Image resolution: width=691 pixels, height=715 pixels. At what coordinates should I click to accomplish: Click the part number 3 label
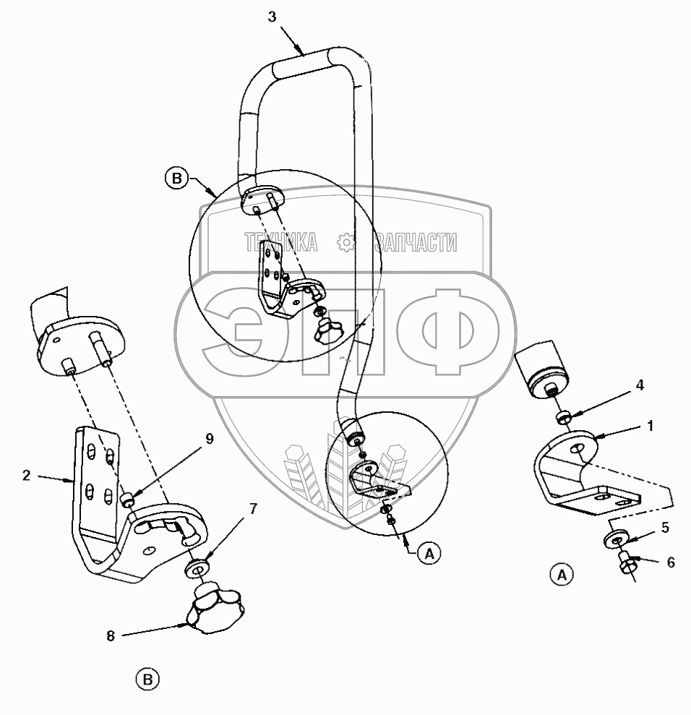pyautogui.click(x=271, y=17)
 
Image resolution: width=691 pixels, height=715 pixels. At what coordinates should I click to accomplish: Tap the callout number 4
pyautogui.click(x=640, y=385)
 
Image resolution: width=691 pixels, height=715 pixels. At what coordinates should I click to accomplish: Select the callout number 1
pyautogui.click(x=650, y=427)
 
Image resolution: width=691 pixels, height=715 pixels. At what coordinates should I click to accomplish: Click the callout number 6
pyautogui.click(x=671, y=562)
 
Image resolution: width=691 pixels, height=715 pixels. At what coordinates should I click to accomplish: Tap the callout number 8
pyautogui.click(x=110, y=636)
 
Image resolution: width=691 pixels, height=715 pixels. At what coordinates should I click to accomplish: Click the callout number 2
pyautogui.click(x=26, y=475)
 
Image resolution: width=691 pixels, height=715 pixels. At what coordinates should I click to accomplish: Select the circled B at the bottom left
pyautogui.click(x=147, y=679)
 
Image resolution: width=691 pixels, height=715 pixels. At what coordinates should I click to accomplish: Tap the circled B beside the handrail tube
pyautogui.click(x=176, y=177)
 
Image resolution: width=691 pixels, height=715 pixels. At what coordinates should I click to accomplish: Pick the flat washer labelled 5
pyautogui.click(x=616, y=539)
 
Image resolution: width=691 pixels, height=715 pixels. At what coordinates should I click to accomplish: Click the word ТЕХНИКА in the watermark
pyautogui.click(x=281, y=242)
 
